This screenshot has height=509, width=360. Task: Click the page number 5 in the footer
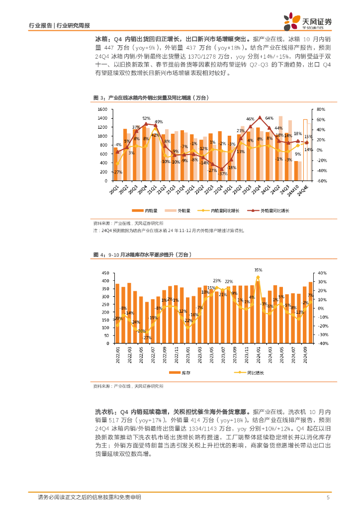pos(328,498)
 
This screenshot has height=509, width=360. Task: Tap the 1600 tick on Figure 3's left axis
pos(102,109)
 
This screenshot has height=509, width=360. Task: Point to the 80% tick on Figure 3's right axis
pos(321,109)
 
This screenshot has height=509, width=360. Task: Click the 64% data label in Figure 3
pos(270,118)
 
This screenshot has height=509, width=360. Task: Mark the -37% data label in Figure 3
pos(222,173)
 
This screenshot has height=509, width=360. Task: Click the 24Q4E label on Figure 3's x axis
pos(306,191)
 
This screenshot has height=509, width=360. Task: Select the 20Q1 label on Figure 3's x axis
pos(115,190)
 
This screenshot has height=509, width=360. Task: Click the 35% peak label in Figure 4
pos(258,270)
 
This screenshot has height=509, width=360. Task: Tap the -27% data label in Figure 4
pos(147,338)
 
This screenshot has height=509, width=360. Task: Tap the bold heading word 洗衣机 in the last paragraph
pos(103,412)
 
